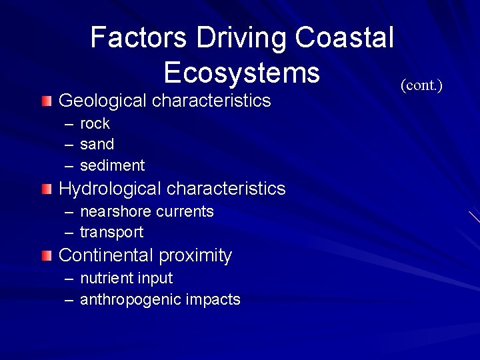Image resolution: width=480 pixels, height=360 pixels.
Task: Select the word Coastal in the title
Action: pyautogui.click(x=345, y=37)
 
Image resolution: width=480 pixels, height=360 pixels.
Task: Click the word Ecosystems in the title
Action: pyautogui.click(x=241, y=72)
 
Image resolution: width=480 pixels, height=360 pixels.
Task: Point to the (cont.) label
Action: pyautogui.click(x=421, y=85)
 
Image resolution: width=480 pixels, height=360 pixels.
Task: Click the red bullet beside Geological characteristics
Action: pyautogui.click(x=45, y=101)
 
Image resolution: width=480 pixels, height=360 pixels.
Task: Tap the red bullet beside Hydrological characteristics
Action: pyautogui.click(x=45, y=189)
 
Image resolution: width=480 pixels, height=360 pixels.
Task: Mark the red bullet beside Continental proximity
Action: pyautogui.click(x=45, y=255)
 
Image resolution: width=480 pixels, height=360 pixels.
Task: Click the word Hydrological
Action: pyautogui.click(x=110, y=189)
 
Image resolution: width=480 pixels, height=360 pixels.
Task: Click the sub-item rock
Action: pyautogui.click(x=95, y=124)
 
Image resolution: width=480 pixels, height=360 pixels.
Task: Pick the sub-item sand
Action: pyautogui.click(x=97, y=144)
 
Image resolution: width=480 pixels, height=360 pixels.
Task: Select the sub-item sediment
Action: pyautogui.click(x=112, y=165)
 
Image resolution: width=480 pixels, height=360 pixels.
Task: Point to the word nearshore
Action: pyautogui.click(x=115, y=211)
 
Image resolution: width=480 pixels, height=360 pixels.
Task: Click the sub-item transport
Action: pyautogui.click(x=111, y=233)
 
